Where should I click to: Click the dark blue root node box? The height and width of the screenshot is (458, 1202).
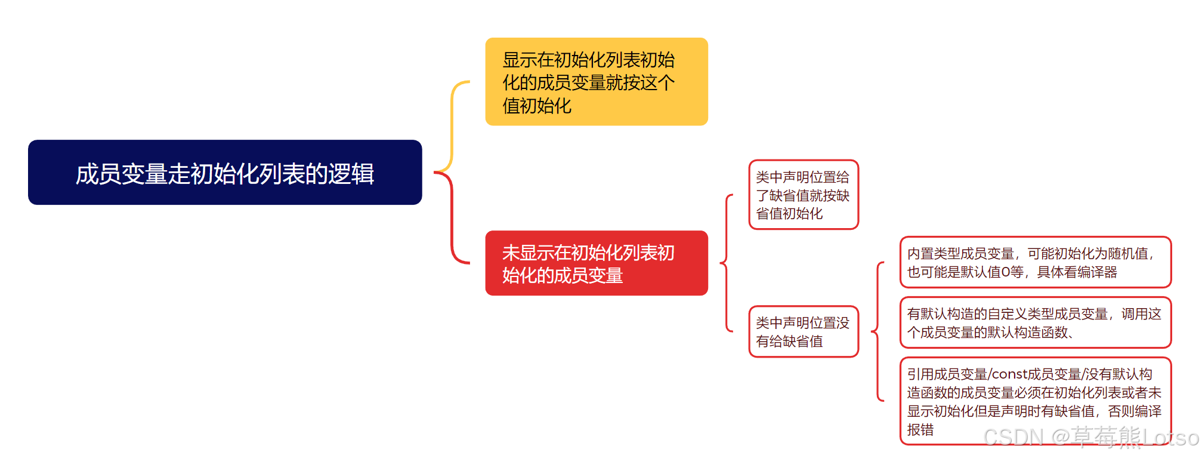tap(225, 173)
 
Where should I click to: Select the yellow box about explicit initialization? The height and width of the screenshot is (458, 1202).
tap(596, 82)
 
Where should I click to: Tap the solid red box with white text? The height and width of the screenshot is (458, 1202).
tap(596, 263)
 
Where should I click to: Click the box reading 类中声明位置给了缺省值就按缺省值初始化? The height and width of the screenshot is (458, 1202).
tap(803, 195)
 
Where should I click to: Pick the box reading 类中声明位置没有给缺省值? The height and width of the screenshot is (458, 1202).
tap(803, 331)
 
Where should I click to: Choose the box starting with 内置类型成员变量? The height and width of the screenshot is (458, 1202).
tap(1035, 262)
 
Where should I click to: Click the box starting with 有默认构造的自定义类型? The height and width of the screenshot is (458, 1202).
tap(1035, 322)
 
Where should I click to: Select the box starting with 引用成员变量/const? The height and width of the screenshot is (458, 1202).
tap(1035, 401)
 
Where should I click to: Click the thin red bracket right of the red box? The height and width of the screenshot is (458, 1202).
tap(726, 263)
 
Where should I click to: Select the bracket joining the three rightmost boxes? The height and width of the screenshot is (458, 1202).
tap(877, 331)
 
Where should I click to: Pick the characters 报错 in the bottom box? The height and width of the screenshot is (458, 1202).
tap(920, 430)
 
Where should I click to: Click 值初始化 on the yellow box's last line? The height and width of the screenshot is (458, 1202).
tap(537, 106)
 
